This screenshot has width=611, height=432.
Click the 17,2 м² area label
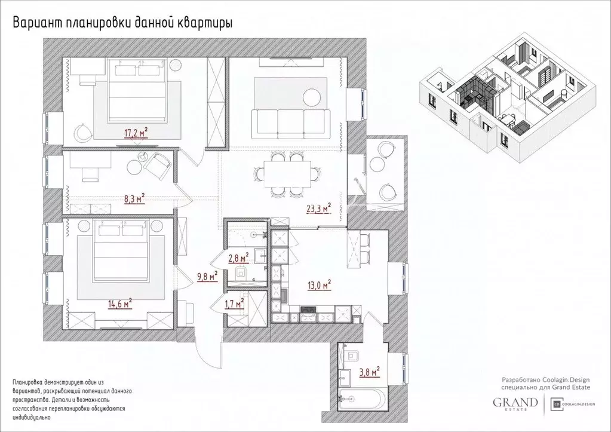(136, 133)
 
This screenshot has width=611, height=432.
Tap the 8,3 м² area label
(134, 198)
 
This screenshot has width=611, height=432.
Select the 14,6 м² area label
(120, 304)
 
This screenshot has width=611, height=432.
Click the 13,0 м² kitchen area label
(319, 285)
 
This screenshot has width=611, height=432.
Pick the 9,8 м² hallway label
(207, 277)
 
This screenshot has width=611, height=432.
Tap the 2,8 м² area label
(238, 258)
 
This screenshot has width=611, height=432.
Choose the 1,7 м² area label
(234, 304)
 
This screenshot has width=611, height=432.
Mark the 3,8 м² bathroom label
(369, 372)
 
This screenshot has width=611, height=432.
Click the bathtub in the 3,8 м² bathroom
(362, 398)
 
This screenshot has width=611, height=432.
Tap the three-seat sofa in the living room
(290, 124)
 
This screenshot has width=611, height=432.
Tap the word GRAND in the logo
(515, 402)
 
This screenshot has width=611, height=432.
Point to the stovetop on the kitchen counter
(308, 310)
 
